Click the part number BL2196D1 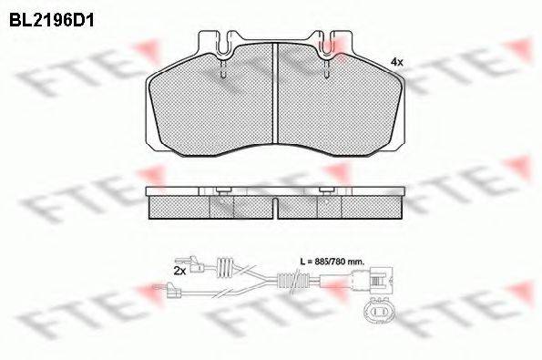tap(52, 15)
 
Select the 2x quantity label tap(179, 271)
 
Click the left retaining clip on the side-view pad tap(222, 190)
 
